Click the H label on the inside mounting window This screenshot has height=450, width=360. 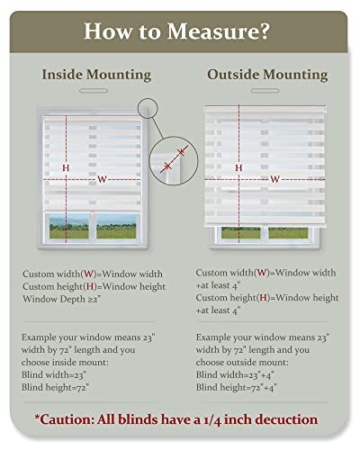(66, 167)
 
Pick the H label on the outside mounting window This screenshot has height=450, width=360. (238, 167)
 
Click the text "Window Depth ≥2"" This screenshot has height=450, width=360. (63, 298)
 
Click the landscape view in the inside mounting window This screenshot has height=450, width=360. (92, 229)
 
